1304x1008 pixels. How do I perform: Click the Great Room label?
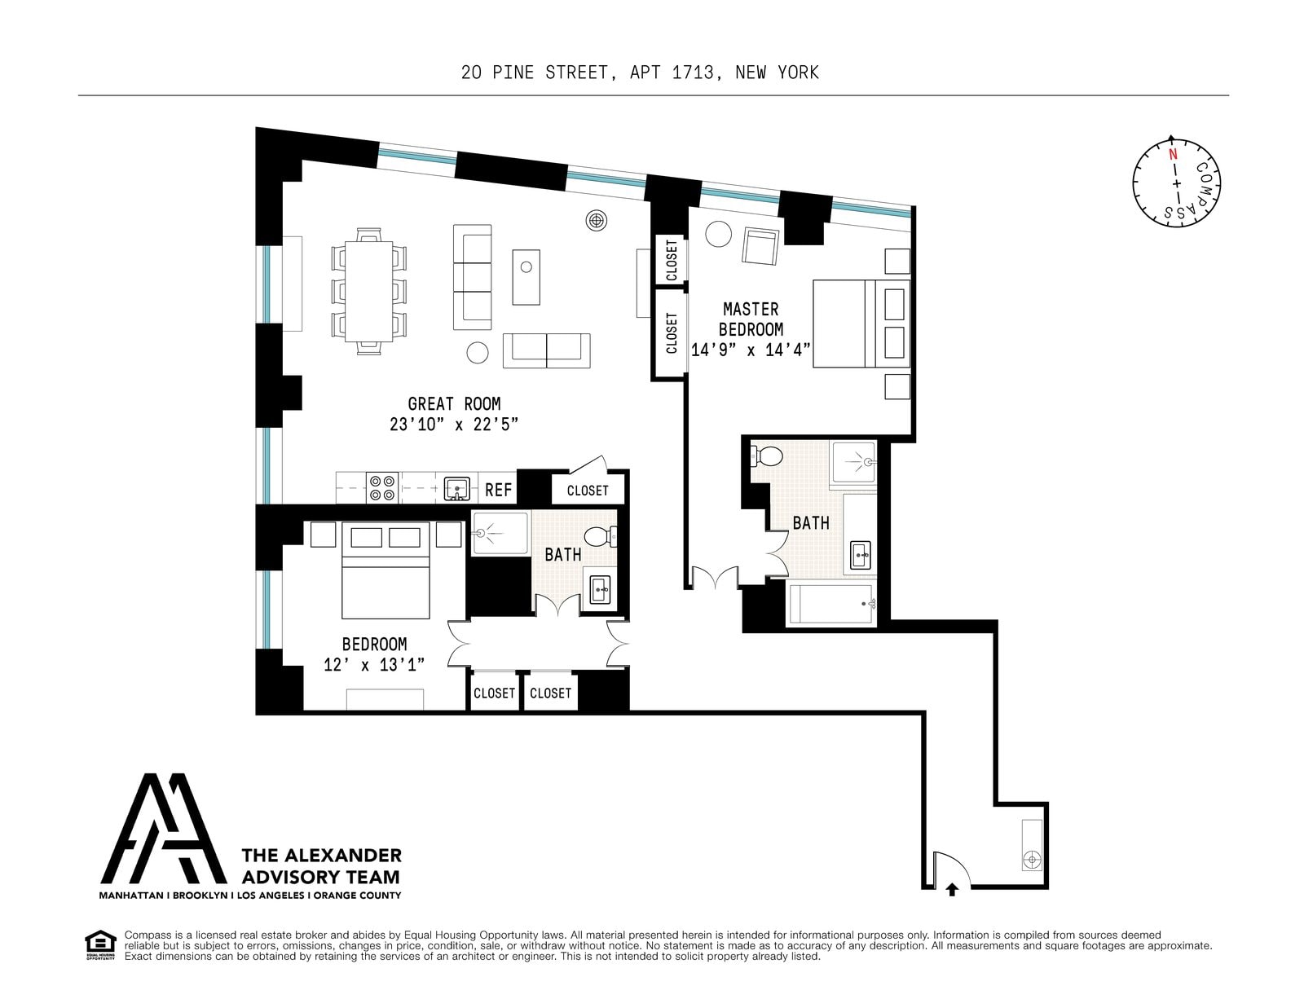[x=454, y=404]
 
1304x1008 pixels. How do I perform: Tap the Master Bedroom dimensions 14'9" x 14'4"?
[x=751, y=350]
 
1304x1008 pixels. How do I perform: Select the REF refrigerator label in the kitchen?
[x=498, y=491]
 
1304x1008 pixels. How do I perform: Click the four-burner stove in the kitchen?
[x=382, y=487]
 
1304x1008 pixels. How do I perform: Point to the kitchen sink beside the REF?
[x=456, y=488]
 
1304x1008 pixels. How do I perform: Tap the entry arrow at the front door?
[x=952, y=889]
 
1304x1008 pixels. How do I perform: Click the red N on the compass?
[x=1173, y=154]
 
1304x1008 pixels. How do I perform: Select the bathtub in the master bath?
[x=831, y=604]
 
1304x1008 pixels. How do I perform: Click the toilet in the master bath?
[x=766, y=457]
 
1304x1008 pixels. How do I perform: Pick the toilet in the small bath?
[x=601, y=536]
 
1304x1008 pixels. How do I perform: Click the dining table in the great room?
[x=368, y=291]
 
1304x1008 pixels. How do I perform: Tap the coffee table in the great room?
[x=526, y=277]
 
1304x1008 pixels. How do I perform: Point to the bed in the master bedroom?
[x=861, y=324]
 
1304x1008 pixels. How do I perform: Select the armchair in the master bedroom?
[x=760, y=246]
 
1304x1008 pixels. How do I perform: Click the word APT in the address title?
[x=645, y=73]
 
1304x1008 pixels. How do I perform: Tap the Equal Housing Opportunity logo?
[x=100, y=945]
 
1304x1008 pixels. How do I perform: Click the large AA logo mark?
[x=163, y=829]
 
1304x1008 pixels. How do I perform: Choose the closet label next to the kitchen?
[x=588, y=491]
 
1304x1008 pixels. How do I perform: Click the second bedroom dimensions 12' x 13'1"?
[x=374, y=665]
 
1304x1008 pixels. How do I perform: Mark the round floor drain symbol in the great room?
[x=596, y=221]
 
